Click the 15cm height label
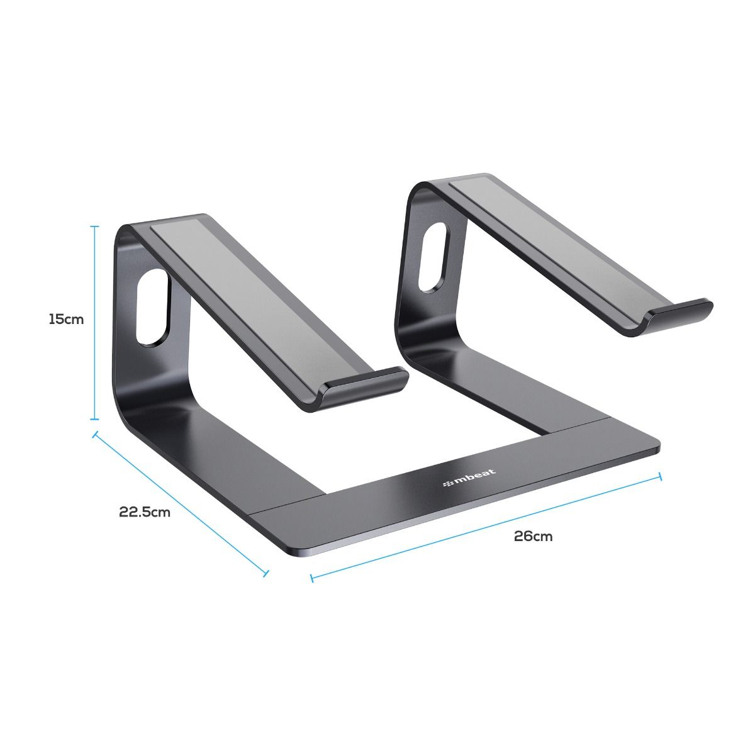point(66,319)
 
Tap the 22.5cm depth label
point(145,512)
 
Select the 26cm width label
point(533,536)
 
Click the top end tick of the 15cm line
point(95,226)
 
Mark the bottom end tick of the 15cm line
point(95,419)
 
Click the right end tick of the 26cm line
point(660,477)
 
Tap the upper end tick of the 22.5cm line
point(95,433)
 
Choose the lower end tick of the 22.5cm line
point(266,573)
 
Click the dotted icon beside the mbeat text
point(449,483)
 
